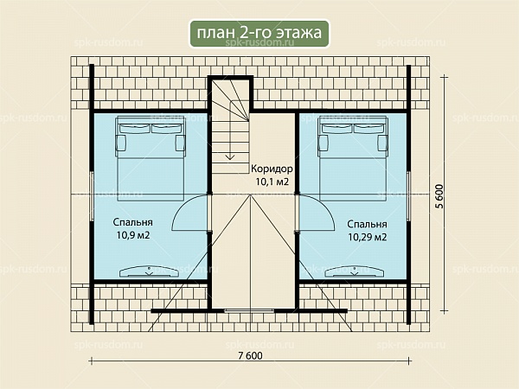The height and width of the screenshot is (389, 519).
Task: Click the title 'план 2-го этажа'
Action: [x=259, y=33]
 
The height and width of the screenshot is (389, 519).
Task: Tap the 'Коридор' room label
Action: [x=272, y=169]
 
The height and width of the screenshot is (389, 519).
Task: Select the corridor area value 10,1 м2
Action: [x=272, y=182]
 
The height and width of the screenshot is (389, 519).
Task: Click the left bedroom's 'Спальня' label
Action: [x=132, y=222]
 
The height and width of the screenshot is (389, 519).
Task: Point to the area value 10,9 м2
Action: [x=132, y=235]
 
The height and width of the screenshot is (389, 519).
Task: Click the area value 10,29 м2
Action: [x=368, y=237]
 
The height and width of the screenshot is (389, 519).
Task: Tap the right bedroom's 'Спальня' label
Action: [x=367, y=224]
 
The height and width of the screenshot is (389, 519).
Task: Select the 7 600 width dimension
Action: [x=250, y=355]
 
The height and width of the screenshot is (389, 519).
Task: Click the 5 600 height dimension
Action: [x=439, y=196]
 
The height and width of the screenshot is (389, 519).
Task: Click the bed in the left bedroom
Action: [x=151, y=158]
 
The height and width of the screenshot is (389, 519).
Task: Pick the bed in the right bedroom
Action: [x=353, y=158]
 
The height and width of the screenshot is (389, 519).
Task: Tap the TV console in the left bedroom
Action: [x=150, y=271]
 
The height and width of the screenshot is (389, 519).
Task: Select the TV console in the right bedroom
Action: [x=355, y=271]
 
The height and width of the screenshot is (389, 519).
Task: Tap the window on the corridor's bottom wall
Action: [x=249, y=311]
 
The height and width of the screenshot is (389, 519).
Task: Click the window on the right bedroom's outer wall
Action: [x=409, y=196]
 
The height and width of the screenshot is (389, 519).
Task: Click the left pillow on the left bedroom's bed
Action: [x=135, y=128]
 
